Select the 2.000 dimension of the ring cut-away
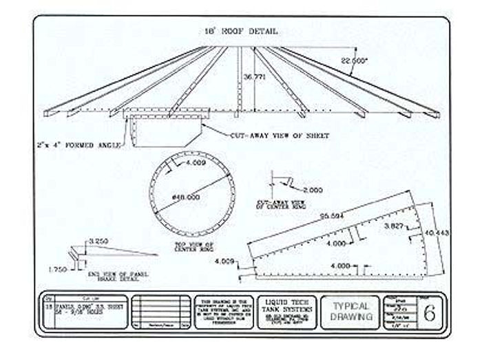[x=311, y=189]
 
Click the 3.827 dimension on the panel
[x=394, y=226]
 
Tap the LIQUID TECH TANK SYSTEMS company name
[x=289, y=306]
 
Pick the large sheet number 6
[x=429, y=314]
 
